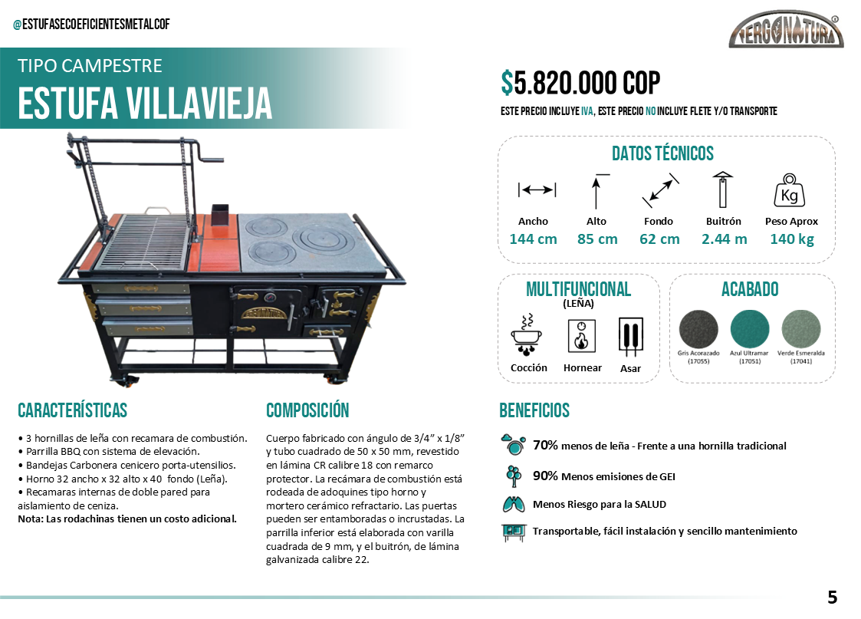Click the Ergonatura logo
787,31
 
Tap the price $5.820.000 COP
580,83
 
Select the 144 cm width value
533,239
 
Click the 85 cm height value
597,239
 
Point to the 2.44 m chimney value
724,239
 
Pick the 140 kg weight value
791,239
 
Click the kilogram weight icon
789,192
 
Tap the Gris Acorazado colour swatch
698,330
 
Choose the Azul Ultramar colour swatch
749,330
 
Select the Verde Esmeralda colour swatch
800,330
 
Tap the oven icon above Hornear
582,336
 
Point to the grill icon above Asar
630,336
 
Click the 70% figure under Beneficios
545,445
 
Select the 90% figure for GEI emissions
545,476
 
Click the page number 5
832,597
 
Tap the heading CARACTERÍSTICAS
72,410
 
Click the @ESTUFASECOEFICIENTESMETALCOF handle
91,25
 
